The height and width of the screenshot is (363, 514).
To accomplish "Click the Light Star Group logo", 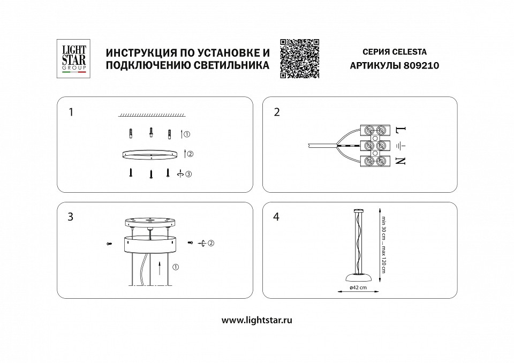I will (72, 59).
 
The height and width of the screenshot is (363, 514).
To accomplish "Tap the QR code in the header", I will (300, 59).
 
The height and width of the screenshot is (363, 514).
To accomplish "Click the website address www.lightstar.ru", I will (256, 320).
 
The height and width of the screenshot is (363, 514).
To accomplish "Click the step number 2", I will (277, 112).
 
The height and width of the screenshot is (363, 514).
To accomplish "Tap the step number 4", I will (277, 217).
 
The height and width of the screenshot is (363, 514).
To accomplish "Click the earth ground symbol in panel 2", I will (401, 145).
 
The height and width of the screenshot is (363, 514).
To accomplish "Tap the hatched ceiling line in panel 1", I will (152, 115).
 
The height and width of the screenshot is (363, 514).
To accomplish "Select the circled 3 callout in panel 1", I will (188, 173).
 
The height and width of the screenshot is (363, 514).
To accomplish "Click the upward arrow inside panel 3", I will (160, 266).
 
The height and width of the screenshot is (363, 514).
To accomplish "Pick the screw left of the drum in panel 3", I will (109, 244).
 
